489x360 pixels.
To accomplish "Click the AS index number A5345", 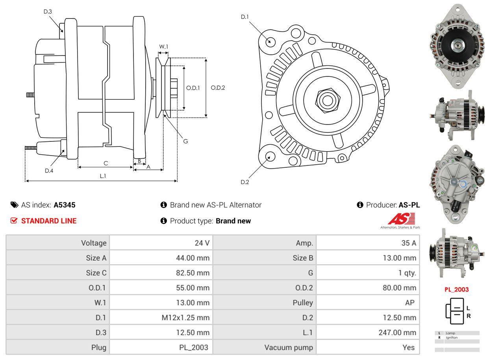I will click(x=65, y=205).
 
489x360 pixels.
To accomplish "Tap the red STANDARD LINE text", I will click(x=49, y=221).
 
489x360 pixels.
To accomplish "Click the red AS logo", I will click(x=401, y=219).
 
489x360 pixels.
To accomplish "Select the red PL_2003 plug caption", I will click(x=457, y=289).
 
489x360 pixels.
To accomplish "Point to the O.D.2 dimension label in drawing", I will click(x=218, y=88).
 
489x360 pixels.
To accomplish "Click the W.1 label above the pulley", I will click(x=163, y=47).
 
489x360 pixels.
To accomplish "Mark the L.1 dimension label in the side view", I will click(x=102, y=176).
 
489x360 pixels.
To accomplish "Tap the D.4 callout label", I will click(x=49, y=171).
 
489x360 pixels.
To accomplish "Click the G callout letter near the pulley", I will click(x=185, y=141).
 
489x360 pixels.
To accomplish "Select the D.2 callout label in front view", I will click(x=245, y=182).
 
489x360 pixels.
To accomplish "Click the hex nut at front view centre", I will click(x=326, y=99).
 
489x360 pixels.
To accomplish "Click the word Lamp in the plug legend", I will click(x=450, y=333).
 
